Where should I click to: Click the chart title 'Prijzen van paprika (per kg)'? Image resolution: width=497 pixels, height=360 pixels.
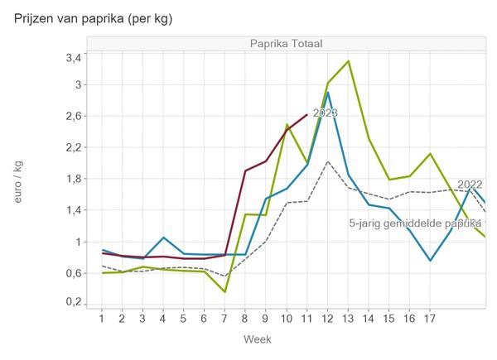99,17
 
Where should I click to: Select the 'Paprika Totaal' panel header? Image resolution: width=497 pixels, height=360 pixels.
287,43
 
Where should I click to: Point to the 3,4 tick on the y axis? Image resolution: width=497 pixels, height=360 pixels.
73,57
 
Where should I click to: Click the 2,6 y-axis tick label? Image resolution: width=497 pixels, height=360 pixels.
73,116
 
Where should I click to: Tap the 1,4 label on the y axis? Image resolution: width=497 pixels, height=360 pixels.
73,210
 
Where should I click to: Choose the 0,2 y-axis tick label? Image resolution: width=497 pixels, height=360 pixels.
73,303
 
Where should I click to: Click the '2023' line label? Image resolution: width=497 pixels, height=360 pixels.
325,113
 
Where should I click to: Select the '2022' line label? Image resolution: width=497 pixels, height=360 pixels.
470,185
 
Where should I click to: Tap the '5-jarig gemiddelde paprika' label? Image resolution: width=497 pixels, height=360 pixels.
414,223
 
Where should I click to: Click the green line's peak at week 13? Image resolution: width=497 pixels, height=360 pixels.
348,60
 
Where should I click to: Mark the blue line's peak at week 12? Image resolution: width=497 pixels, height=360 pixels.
327,92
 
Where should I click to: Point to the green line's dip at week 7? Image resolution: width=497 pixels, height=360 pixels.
224,292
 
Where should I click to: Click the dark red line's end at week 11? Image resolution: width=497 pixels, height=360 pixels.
306,115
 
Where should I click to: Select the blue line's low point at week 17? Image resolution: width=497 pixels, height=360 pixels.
430,261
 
